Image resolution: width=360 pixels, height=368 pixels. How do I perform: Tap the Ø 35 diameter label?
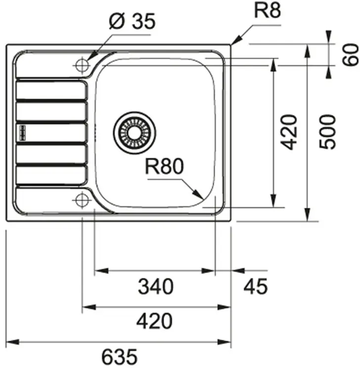coord(132,21)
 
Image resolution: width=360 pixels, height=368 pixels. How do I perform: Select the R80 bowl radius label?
coord(164,166)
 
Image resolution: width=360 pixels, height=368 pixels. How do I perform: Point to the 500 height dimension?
coord(328,132)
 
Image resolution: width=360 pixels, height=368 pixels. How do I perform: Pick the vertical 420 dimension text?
coord(289,132)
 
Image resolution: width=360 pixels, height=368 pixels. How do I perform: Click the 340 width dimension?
coord(156,286)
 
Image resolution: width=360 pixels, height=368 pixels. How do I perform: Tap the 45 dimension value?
coord(256,286)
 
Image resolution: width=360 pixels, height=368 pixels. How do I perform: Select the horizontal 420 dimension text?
coord(154,321)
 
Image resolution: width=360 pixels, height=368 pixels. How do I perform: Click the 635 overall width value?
coord(119,356)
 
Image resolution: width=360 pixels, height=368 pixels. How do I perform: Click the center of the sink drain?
coord(134,133)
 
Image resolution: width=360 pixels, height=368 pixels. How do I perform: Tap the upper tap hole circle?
coord(82,65)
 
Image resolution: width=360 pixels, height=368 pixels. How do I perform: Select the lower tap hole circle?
coord(82,200)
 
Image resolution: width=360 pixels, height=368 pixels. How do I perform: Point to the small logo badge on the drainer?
coord(22,133)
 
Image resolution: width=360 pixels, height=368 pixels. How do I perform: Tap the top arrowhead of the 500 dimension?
coord(307,51)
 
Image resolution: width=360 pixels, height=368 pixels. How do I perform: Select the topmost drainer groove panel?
coord(51,90)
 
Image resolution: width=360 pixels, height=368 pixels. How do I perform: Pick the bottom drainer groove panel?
coord(51,175)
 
